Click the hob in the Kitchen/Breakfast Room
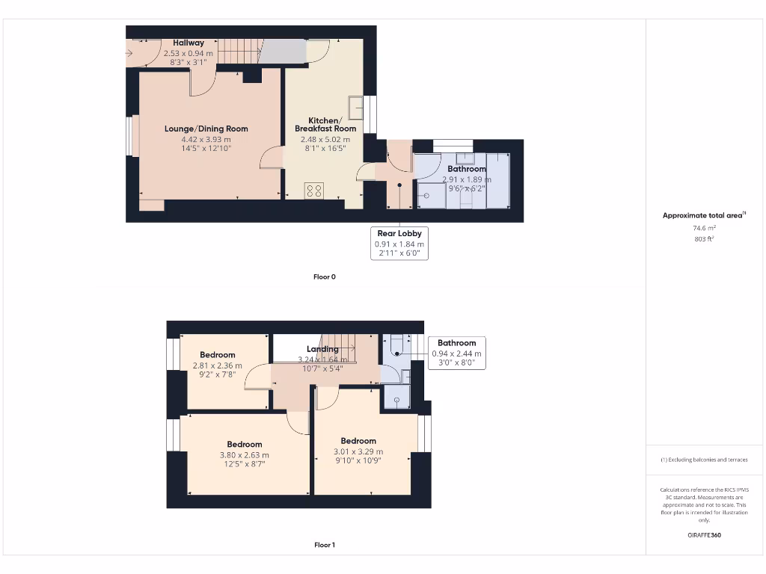tap(313, 191)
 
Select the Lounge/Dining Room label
tap(206, 129)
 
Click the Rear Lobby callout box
tap(399, 243)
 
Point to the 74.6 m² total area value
tap(703, 228)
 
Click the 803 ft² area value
tap(703, 239)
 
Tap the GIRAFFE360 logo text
tap(703, 535)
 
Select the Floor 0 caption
tap(324, 277)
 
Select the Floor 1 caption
tap(324, 545)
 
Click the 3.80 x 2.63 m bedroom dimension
tap(244, 454)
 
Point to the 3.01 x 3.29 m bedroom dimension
tap(358, 451)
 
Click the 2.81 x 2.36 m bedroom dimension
tap(217, 365)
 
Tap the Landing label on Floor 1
tap(322, 349)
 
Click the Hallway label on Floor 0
tap(189, 43)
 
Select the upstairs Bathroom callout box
tap(456, 353)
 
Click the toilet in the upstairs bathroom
tap(396, 344)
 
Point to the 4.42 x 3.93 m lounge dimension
tap(206, 139)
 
